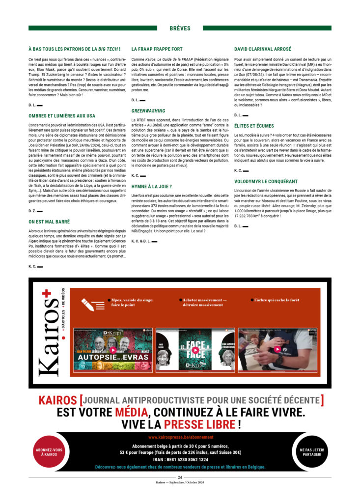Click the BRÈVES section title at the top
[x=179, y=28]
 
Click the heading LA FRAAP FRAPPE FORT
[x=157, y=49]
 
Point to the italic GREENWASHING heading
[x=148, y=111]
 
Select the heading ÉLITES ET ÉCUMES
[x=254, y=126]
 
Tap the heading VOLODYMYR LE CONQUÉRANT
[x=267, y=181]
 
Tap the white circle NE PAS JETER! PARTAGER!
[x=310, y=452]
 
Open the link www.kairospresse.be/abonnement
[x=180, y=437]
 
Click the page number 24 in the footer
[x=180, y=477]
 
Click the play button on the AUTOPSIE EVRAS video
[x=113, y=350]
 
